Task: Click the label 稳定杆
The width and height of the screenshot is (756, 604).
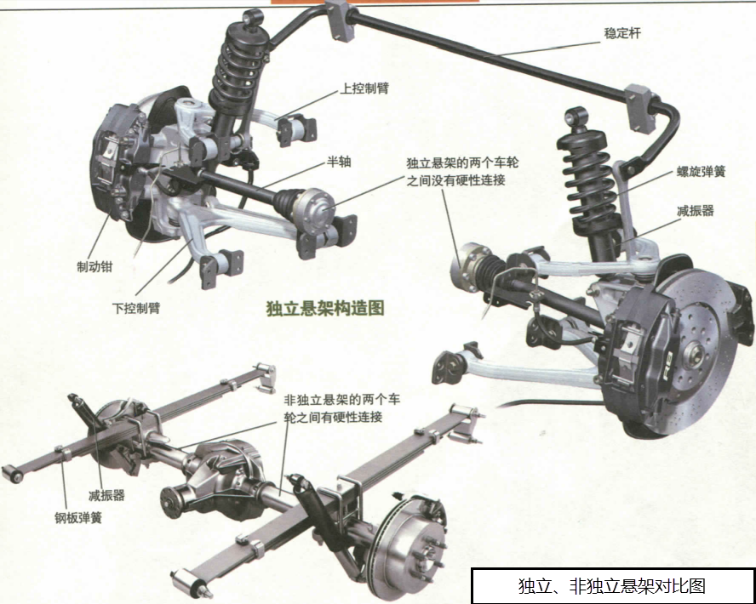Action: tap(622, 34)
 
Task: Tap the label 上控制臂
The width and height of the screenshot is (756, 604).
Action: tap(364, 88)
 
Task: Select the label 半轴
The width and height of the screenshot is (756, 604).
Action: tap(339, 162)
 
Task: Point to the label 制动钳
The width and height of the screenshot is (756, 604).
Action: tap(94, 266)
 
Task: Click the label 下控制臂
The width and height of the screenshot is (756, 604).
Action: tap(136, 308)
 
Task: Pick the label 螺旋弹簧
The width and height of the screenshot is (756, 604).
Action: tap(701, 172)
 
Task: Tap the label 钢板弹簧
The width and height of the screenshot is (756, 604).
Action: tap(78, 518)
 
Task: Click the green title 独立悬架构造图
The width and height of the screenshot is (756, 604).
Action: tap(325, 308)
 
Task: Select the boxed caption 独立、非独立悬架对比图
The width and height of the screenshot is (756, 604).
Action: tap(612, 585)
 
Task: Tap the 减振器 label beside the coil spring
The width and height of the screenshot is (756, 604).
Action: tap(695, 210)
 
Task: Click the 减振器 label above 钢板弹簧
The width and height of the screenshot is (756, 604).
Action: tap(106, 495)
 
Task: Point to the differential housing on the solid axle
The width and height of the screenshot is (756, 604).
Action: tap(223, 479)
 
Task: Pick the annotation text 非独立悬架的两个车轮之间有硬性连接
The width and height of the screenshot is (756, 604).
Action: tap(341, 408)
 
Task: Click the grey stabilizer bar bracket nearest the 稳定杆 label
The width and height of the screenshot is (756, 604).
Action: tap(641, 108)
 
